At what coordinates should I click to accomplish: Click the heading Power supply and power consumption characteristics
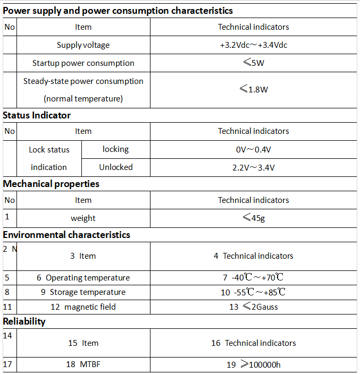click(x=118, y=11)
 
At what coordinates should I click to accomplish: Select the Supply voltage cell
click(x=83, y=45)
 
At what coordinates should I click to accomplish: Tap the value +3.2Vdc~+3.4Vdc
click(x=253, y=45)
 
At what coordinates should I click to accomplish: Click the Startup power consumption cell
click(x=83, y=63)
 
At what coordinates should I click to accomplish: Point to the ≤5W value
click(x=253, y=63)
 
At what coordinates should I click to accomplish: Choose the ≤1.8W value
click(x=253, y=89)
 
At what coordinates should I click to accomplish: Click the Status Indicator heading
click(x=37, y=115)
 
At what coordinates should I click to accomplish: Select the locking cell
click(x=115, y=149)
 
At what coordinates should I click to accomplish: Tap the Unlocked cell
click(x=115, y=167)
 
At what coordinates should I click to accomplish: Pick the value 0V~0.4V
click(x=253, y=150)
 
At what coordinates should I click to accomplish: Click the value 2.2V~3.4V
click(x=253, y=167)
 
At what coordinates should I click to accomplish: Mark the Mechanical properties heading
click(x=51, y=184)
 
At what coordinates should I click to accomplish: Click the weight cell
click(x=83, y=218)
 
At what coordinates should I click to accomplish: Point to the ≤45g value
click(x=253, y=218)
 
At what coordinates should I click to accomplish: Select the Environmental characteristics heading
click(x=66, y=235)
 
